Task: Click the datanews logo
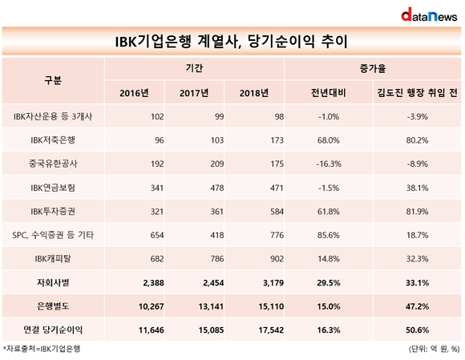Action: coord(429,14)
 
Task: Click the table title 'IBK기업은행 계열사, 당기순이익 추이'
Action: coord(232,41)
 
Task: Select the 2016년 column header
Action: coord(134,93)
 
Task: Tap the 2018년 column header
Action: coord(254,93)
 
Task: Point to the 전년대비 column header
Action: coord(328,93)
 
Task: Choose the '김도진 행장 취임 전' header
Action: coord(417,93)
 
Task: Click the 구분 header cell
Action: coord(53,80)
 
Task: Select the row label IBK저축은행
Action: coord(53,140)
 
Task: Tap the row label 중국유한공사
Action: coord(53,164)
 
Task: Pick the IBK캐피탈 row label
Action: coord(53,259)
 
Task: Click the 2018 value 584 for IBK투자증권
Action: coord(277,212)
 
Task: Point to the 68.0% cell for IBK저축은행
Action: coord(328,140)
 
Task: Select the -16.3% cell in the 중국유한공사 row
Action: coord(328,164)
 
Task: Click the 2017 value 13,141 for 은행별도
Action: coord(211,306)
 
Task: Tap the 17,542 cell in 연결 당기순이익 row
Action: coord(271,330)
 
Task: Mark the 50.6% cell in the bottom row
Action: coord(417,330)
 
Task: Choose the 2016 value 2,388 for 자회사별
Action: coord(153,283)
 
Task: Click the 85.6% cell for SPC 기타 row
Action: coord(328,235)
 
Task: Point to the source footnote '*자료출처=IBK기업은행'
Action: coord(42,349)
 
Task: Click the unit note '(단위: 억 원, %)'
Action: coord(435,349)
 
